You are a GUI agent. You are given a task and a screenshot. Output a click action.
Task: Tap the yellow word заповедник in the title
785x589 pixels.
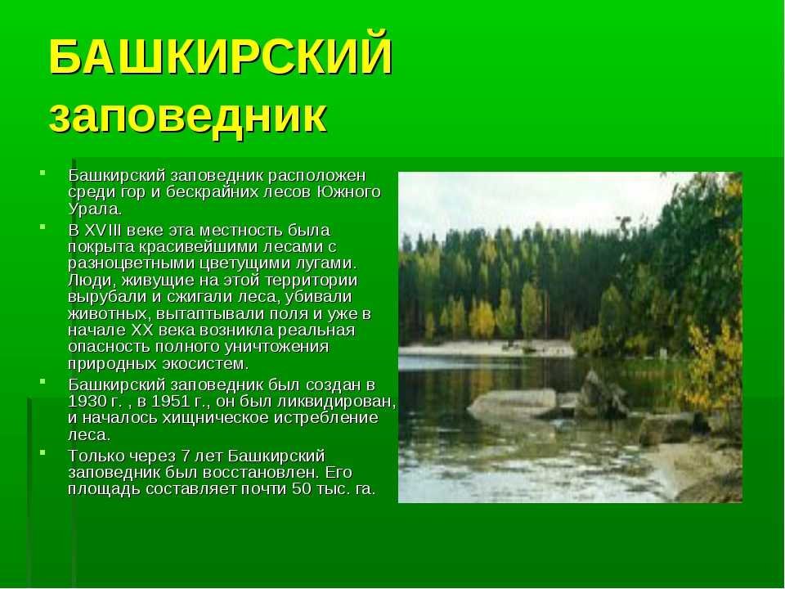pos(188,117)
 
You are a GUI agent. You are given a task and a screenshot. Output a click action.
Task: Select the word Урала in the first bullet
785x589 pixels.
pos(93,209)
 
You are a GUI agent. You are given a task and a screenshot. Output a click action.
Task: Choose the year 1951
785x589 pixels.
pos(171,402)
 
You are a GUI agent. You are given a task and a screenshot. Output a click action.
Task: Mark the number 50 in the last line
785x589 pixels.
pos(302,489)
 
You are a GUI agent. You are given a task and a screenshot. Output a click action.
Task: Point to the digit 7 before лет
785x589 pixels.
pos(186,456)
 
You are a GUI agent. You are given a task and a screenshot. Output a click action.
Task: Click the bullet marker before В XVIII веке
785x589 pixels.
pos(43,227)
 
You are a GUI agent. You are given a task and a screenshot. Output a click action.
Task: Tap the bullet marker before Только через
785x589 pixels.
pos(43,452)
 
